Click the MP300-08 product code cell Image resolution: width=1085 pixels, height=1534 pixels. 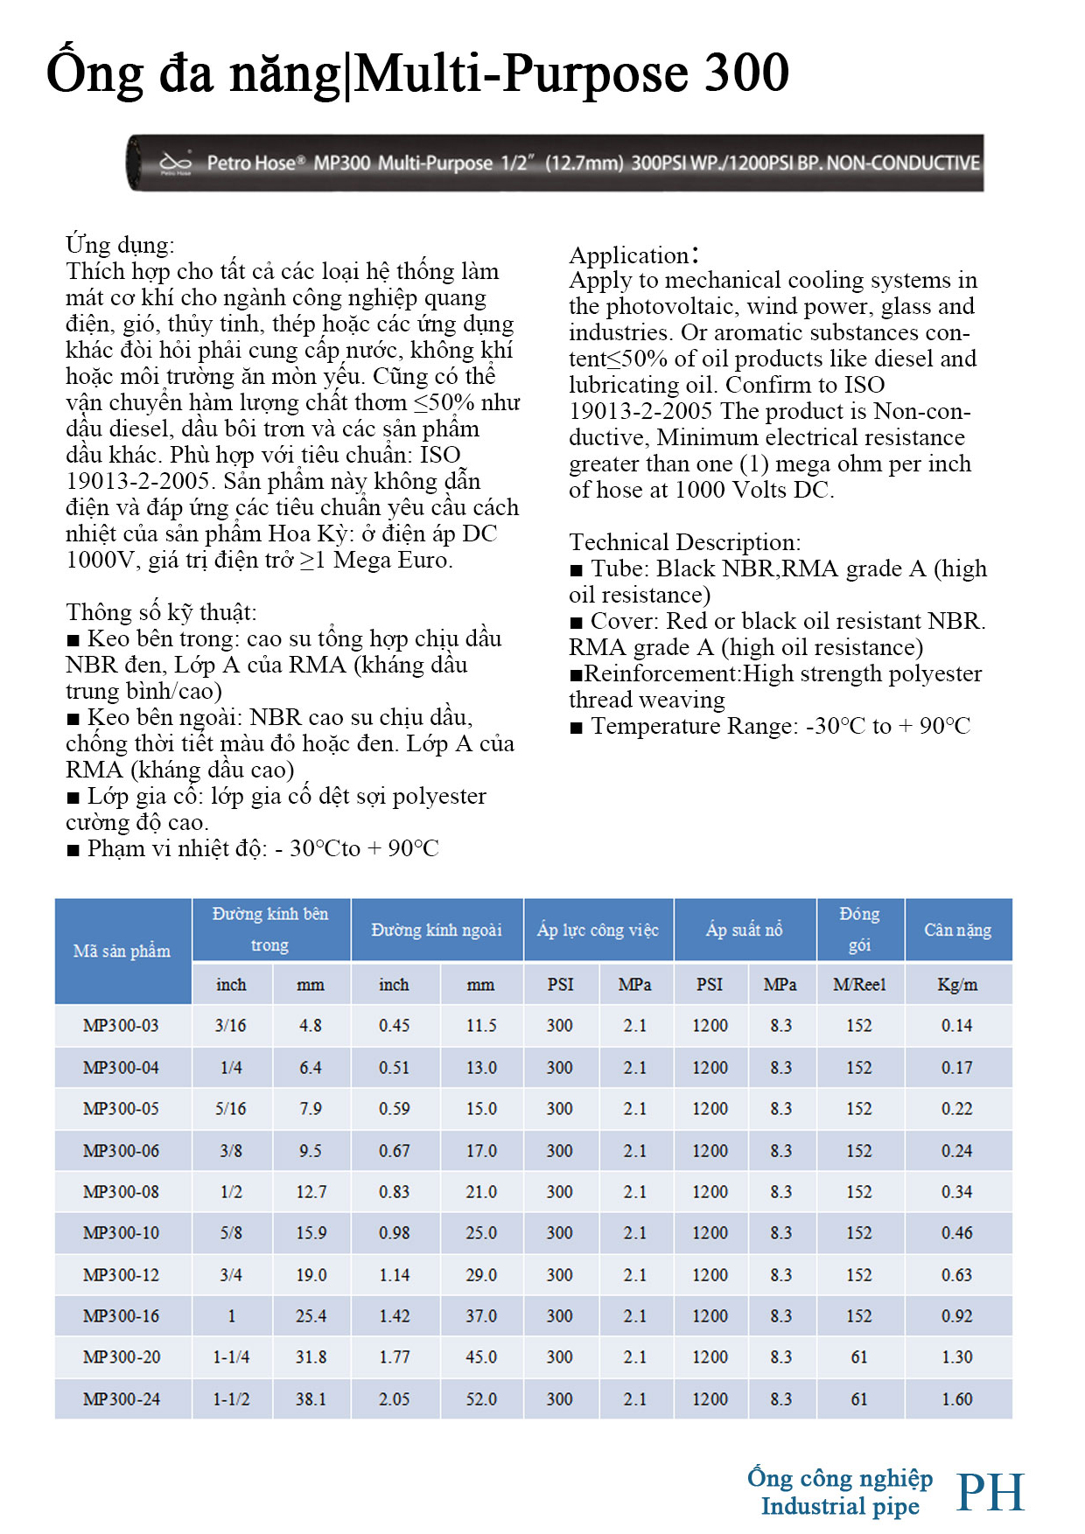pos(121,1192)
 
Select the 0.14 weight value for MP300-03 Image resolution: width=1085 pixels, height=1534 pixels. pos(956,1026)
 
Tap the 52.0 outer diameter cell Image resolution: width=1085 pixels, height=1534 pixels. pos(481,1399)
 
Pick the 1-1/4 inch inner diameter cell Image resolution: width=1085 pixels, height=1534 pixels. pos(231,1357)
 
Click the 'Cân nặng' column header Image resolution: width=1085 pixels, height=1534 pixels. pos(957,931)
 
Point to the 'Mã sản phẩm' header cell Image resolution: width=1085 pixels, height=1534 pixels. pos(122,952)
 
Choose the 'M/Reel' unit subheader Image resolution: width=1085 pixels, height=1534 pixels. pos(859,985)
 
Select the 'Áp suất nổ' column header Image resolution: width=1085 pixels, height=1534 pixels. pos(745,931)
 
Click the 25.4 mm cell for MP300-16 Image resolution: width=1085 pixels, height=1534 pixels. pos(311,1316)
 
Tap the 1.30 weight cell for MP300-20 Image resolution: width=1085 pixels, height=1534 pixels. pos(956,1357)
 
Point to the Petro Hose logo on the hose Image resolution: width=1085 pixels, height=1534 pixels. pos(176,163)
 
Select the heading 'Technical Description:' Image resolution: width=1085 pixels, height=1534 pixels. pos(684,542)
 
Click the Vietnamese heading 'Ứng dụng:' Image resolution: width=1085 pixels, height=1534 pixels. pos(120,245)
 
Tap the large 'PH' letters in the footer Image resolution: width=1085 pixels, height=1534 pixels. pos(990,1492)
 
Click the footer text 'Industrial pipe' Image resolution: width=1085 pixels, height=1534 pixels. pos(840,1506)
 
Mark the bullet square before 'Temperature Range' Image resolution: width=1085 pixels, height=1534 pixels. pos(576,728)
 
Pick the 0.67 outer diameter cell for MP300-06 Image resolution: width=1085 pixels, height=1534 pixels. pos(394,1151)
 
